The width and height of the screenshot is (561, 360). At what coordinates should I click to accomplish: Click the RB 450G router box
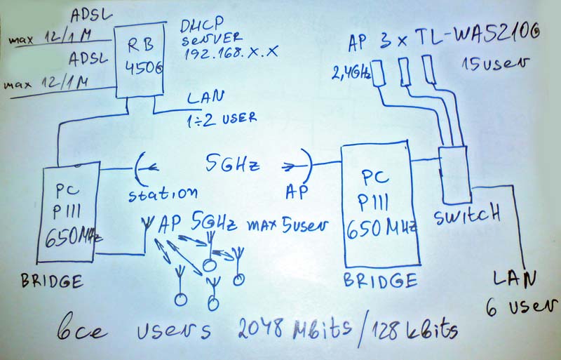[x=140, y=60]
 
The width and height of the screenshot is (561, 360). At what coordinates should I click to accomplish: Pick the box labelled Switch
[x=454, y=173]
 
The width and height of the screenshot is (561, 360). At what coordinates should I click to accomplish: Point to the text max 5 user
[x=288, y=226]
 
